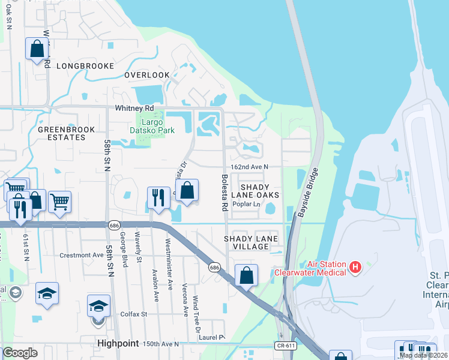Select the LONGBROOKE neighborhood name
(85, 66)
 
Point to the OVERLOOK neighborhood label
(147, 75)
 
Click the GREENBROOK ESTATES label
(61, 133)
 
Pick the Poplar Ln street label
(247, 205)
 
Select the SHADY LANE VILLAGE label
(251, 242)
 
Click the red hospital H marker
(355, 266)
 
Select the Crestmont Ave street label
(82, 255)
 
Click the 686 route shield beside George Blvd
(113, 225)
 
